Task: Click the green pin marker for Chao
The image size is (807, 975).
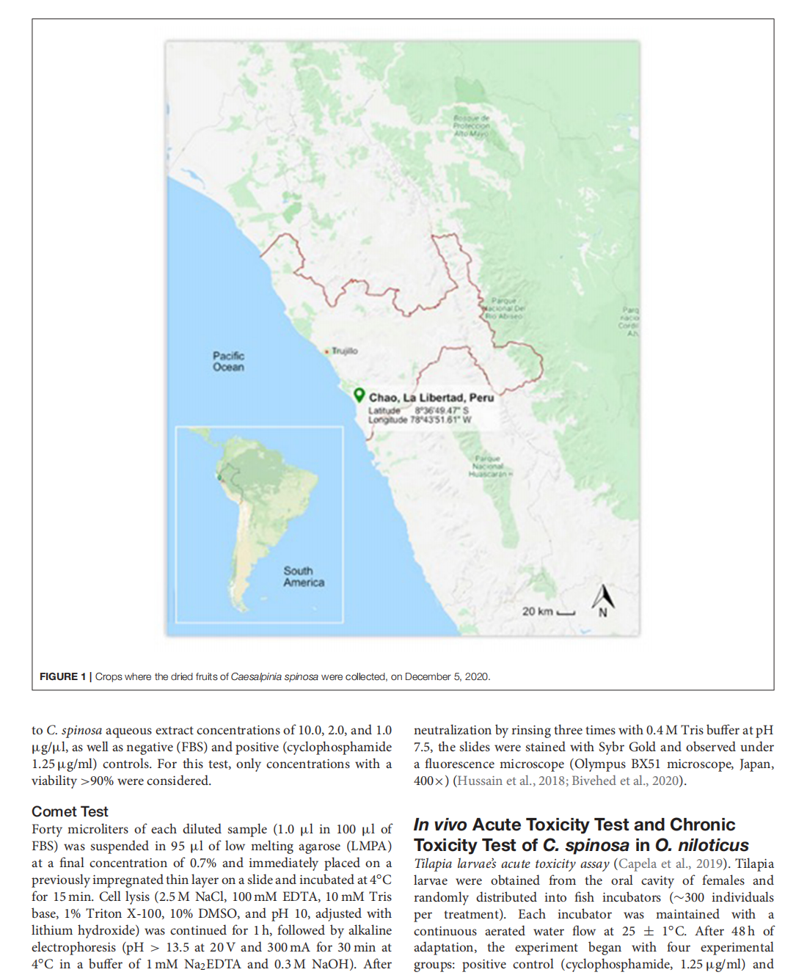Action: pos(359,395)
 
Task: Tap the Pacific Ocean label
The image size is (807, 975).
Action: pos(228,361)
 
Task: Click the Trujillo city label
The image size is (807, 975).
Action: pos(344,351)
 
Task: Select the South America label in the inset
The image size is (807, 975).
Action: pos(304,576)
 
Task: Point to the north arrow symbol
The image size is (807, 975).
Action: pos(603,599)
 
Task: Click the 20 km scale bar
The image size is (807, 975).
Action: pos(566,613)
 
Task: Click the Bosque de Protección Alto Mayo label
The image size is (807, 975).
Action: pos(471,125)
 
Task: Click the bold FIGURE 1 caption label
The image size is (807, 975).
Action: pos(62,676)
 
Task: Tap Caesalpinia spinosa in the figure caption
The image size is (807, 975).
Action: pos(274,676)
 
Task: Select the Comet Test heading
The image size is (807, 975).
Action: pos(70,811)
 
